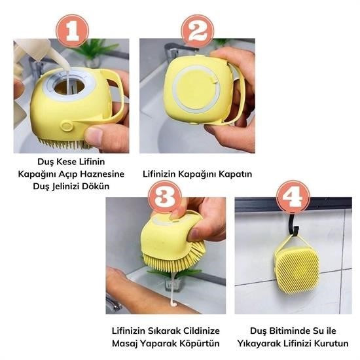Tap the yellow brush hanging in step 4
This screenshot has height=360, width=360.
pyautogui.click(x=296, y=266)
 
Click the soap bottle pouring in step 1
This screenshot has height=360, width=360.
pyautogui.click(x=32, y=52)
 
